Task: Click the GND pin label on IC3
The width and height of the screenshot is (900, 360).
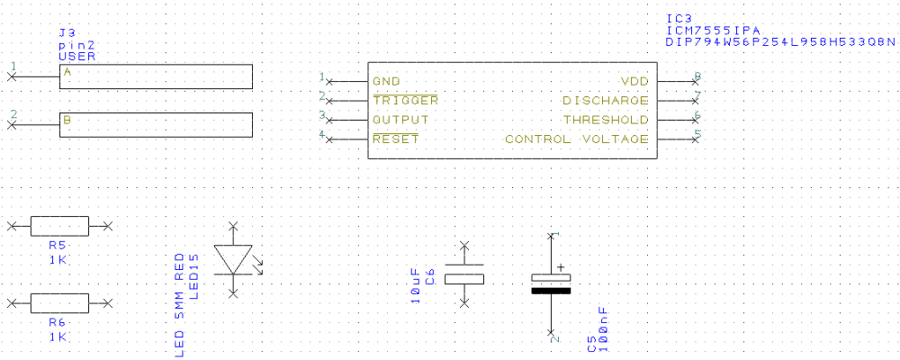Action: pyautogui.click(x=386, y=81)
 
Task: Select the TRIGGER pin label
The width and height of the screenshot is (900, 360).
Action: pyautogui.click(x=405, y=101)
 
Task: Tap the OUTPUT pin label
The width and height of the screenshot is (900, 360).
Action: pyautogui.click(x=400, y=120)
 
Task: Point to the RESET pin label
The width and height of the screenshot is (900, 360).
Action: pyautogui.click(x=396, y=139)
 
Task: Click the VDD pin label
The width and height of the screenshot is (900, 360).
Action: pyautogui.click(x=634, y=81)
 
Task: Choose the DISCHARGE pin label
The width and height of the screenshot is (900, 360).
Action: pyautogui.click(x=606, y=101)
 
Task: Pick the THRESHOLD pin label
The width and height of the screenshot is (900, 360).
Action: pyautogui.click(x=606, y=120)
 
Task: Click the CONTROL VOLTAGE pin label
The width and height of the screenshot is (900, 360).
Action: pyautogui.click(x=577, y=139)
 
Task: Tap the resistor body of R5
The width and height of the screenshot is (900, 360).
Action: pyautogui.click(x=59, y=226)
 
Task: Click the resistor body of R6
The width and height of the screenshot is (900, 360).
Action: pyautogui.click(x=59, y=303)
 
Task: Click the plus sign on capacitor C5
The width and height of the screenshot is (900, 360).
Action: pyautogui.click(x=561, y=267)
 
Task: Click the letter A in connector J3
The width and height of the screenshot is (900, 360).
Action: pyautogui.click(x=67, y=72)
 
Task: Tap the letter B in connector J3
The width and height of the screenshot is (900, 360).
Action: pyautogui.click(x=67, y=121)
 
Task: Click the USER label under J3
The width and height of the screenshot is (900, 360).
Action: pyautogui.click(x=76, y=57)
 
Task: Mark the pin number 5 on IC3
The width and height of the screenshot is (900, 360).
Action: pyautogui.click(x=697, y=134)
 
